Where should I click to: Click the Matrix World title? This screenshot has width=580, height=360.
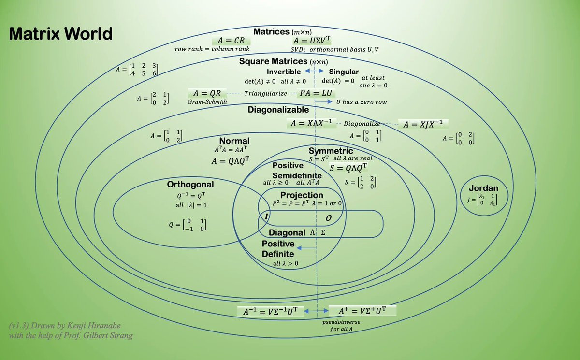point(61,34)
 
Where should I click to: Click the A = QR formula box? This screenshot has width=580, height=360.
point(207,93)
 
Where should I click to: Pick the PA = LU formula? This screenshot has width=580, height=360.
point(316,93)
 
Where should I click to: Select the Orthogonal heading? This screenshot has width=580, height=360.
point(190,185)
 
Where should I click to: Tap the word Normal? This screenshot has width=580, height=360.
point(234,141)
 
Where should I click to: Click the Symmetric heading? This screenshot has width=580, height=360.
point(331,151)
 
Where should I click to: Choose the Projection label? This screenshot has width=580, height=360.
point(302,195)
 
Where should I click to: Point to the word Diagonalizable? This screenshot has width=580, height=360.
point(278,110)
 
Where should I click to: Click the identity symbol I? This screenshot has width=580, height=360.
point(265,217)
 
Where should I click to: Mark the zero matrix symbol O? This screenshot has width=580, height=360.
point(328,218)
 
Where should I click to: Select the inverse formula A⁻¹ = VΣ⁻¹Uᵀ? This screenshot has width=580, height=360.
point(271,312)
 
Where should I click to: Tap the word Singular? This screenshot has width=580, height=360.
point(344,72)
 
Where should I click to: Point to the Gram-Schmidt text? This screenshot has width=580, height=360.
point(207,102)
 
